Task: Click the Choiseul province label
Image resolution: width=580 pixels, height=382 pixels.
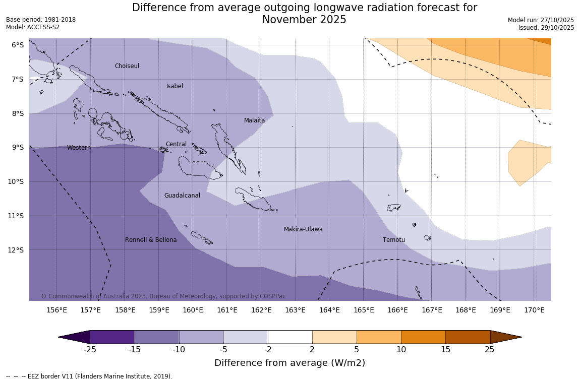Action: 127,66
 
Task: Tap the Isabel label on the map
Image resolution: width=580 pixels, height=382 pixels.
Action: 175,86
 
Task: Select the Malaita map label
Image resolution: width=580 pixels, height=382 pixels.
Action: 254,120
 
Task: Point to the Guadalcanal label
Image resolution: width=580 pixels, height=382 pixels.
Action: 182,196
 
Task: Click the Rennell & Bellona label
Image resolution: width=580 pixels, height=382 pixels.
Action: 151,240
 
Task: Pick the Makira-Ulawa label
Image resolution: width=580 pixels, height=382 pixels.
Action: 303,229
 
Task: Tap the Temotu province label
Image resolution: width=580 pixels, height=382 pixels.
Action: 393,240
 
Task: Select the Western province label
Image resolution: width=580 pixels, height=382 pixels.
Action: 79,148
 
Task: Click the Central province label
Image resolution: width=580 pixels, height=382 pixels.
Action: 176,144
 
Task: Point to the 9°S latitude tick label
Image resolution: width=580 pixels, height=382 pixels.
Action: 18,147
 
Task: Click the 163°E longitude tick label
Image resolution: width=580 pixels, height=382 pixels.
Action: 295,310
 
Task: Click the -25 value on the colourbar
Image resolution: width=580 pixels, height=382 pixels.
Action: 90,349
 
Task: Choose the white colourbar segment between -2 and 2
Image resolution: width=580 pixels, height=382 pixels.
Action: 290,337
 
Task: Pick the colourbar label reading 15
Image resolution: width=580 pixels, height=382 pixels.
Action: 445,349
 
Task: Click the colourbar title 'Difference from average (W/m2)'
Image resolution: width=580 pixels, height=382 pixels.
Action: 289,363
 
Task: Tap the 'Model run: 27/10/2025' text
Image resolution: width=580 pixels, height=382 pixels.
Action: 541,20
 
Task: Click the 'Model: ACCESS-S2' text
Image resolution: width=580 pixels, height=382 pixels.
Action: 33,27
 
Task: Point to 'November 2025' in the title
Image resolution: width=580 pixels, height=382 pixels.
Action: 304,20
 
